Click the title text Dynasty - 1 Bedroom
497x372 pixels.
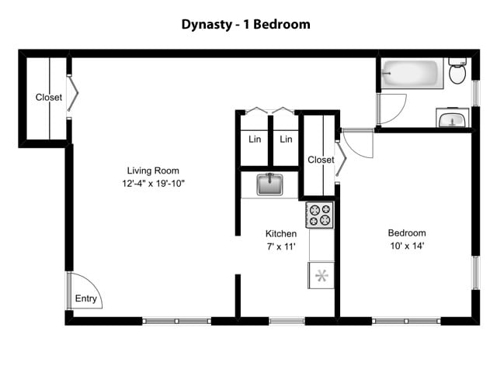click(245, 24)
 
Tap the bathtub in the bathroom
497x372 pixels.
click(411, 74)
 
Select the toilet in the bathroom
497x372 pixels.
click(457, 72)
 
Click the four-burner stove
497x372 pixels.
click(319, 215)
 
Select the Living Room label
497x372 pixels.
click(153, 171)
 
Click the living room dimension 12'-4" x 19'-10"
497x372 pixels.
click(153, 184)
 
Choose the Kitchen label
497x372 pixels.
click(281, 233)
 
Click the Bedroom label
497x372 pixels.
click(407, 233)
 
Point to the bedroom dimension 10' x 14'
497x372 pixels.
click(407, 246)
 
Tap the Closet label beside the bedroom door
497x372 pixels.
click(320, 160)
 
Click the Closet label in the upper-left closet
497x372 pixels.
click(48, 98)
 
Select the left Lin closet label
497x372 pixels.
click(255, 140)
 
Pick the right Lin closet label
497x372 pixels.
click(286, 140)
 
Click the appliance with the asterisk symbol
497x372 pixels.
click(321, 275)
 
